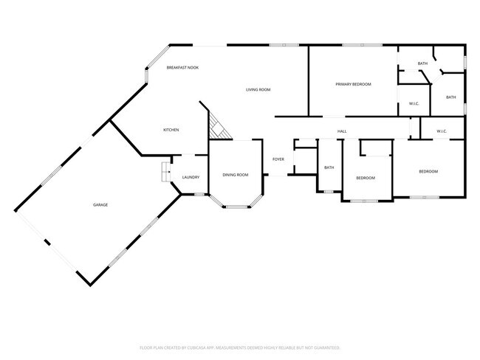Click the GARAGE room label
coord(100,204)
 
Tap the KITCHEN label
coord(171,130)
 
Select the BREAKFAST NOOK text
coord(182,67)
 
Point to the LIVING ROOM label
coord(258,89)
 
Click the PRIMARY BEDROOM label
coord(353,85)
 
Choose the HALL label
coord(342,131)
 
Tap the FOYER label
coord(278,159)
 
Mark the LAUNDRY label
coord(191,178)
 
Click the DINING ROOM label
coord(236,175)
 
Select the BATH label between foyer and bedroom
coord(329,167)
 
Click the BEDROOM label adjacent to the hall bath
coord(366,178)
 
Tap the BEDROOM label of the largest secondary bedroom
coord(428,171)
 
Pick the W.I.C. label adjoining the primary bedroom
coord(414,103)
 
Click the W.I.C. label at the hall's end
coord(442,131)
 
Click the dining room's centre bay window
coord(236,206)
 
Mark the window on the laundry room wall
coord(198,194)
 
